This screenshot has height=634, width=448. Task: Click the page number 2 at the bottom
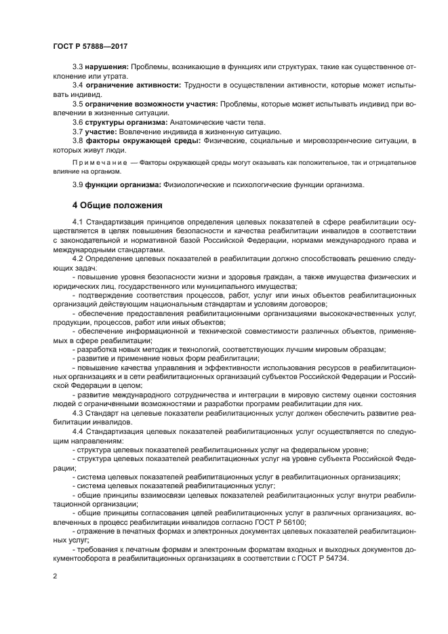pyautogui.click(x=56, y=576)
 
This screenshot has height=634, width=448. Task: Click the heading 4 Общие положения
pyautogui.click(x=117, y=204)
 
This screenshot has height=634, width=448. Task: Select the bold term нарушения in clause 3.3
pyautogui.click(x=106, y=67)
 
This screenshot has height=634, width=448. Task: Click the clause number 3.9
pyautogui.click(x=78, y=184)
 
